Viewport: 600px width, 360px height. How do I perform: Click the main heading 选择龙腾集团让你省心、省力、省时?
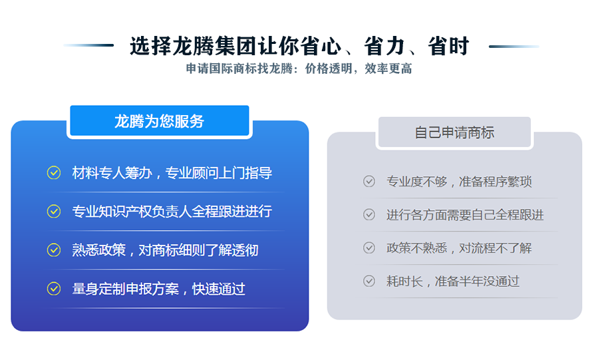click(299, 46)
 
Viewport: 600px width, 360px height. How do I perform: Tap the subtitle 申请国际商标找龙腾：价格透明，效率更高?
click(299, 69)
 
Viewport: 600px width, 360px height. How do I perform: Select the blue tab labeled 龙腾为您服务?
click(160, 120)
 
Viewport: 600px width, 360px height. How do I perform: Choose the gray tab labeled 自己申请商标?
click(454, 132)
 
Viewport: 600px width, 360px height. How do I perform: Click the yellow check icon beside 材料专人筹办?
click(54, 173)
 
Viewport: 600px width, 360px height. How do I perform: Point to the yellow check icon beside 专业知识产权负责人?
click(54, 211)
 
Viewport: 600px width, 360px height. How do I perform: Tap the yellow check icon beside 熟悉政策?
click(54, 250)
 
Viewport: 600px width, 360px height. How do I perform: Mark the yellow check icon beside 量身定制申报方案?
click(54, 289)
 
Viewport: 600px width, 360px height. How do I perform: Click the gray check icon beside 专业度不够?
click(369, 181)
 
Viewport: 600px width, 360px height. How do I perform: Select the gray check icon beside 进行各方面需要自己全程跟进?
click(369, 214)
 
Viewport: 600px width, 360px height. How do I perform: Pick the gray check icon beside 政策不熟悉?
click(369, 248)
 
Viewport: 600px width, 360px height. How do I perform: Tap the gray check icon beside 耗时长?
click(369, 281)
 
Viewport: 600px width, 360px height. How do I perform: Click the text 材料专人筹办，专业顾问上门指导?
click(172, 173)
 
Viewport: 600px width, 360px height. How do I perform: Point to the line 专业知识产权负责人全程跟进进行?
click(172, 212)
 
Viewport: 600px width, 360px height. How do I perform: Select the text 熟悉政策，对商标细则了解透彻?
click(166, 250)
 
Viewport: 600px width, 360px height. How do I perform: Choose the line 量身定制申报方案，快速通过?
click(158, 289)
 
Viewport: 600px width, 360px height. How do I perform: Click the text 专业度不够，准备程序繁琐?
click(459, 182)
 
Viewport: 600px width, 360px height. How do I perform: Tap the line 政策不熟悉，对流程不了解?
click(459, 248)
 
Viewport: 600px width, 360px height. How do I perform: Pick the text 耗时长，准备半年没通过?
click(453, 281)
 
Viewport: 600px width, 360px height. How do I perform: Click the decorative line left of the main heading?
click(88, 45)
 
